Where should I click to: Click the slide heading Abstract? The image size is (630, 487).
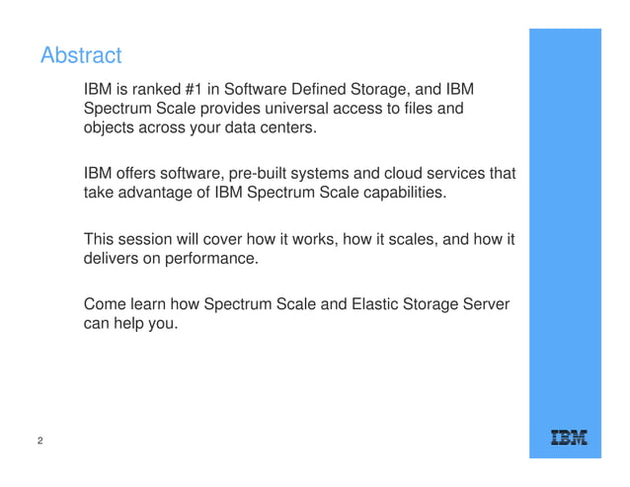point(81,55)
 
